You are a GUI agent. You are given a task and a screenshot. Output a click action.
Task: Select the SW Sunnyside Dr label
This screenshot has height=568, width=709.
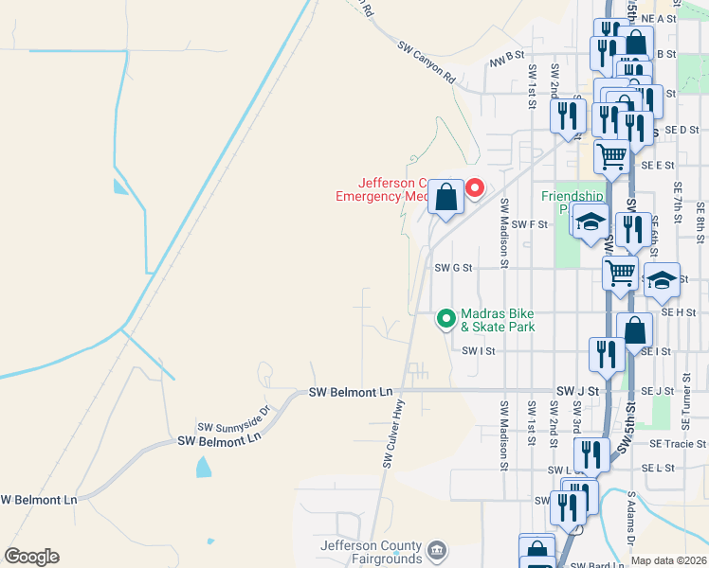pos(234,419)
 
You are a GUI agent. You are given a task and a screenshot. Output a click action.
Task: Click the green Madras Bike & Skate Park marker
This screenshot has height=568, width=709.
pos(445,319)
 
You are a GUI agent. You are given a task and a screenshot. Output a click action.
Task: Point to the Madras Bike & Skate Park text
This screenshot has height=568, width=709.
pos(498,320)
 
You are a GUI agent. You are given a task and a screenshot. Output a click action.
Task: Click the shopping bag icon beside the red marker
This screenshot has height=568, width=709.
pos(446,198)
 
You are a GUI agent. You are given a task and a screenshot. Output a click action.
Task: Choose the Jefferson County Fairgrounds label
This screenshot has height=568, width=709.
pos(372,552)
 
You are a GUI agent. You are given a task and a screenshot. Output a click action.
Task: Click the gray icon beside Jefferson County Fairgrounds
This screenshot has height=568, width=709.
pos(436,550)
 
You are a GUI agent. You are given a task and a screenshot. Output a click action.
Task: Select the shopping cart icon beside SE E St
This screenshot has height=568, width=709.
pos(612,156)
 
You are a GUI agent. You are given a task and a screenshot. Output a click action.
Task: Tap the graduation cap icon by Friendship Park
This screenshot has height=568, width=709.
pos(591,222)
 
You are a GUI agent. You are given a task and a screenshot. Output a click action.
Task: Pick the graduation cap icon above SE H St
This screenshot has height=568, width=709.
pos(663,279)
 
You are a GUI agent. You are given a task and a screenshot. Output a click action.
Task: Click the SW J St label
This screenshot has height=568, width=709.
pos(577,390)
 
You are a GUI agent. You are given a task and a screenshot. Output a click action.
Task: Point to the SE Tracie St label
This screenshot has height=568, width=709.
pos(678,443)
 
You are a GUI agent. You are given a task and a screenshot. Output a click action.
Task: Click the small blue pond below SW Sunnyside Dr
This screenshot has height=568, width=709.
pos(203,467)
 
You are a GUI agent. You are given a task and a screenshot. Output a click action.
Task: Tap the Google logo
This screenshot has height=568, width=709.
pos(31,557)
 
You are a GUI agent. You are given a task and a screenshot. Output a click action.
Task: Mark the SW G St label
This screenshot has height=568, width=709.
pos(453,268)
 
